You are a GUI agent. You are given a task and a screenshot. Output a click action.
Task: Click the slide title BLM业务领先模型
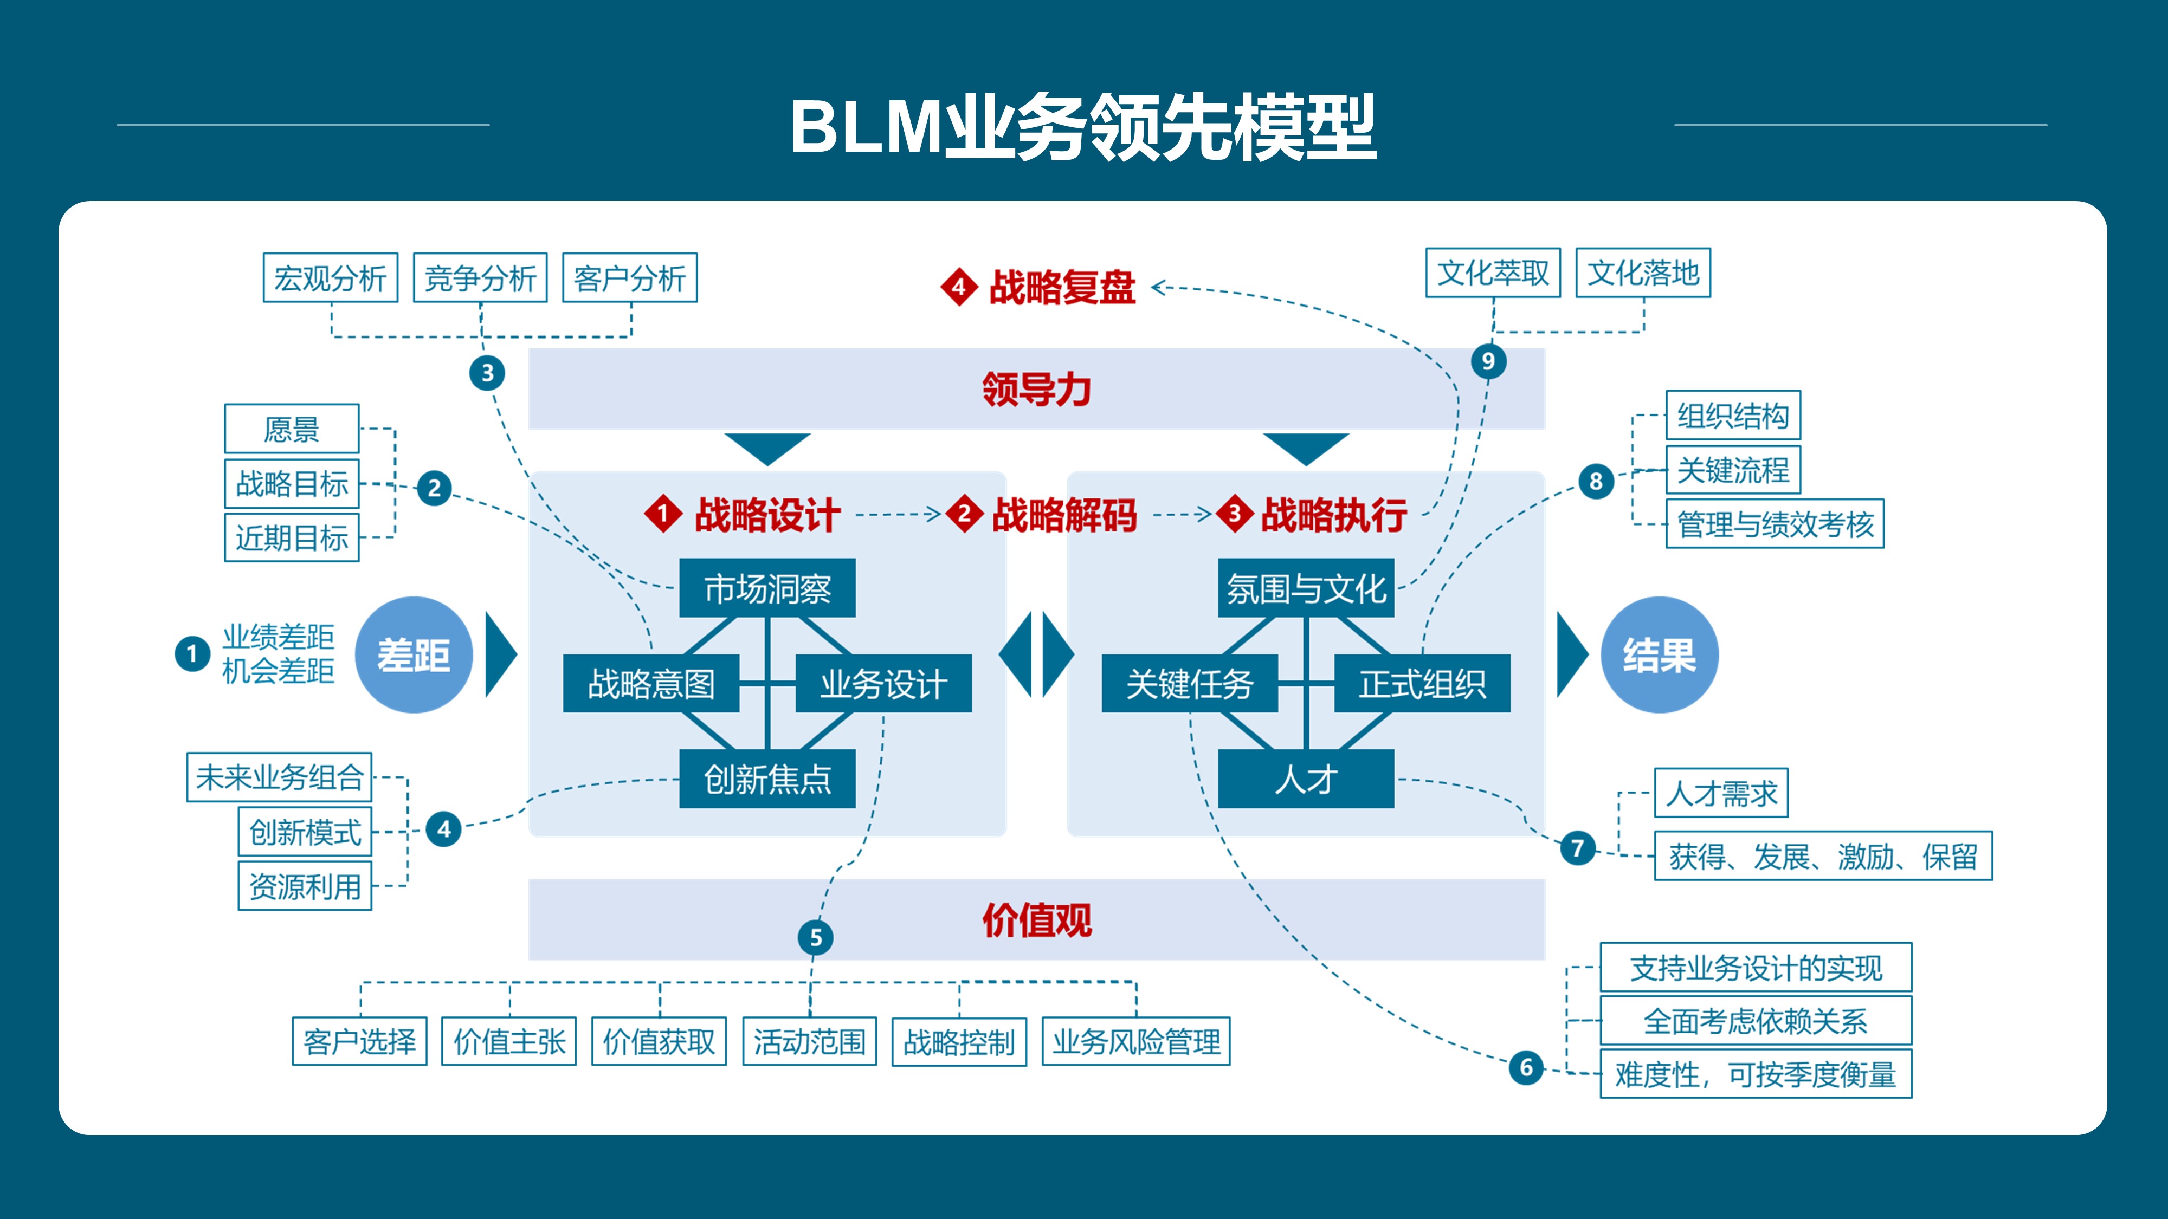(1082, 128)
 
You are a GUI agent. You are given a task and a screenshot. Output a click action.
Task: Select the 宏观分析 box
(330, 277)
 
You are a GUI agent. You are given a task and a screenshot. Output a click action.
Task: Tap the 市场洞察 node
(767, 588)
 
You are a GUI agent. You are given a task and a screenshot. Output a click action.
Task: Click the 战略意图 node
(650, 683)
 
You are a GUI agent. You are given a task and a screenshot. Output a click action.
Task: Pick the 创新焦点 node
(767, 779)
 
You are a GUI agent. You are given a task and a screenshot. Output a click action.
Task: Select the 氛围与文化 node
(1305, 588)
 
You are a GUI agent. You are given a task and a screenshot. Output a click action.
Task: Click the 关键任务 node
(1189, 683)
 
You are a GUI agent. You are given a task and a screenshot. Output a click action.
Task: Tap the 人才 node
(1305, 779)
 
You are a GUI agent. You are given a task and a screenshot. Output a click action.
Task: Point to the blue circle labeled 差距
(413, 654)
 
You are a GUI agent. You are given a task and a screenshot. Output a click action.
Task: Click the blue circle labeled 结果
(1659, 654)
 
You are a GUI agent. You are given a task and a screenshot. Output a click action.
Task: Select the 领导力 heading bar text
(1037, 390)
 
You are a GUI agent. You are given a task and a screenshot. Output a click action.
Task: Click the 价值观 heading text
(1037, 919)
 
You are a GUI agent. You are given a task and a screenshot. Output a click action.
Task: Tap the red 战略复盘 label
(1062, 287)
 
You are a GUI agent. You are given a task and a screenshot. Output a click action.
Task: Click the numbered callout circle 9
(1488, 361)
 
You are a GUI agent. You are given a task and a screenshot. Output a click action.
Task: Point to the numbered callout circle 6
(1526, 1067)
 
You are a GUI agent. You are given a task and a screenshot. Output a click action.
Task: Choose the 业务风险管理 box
(1135, 1041)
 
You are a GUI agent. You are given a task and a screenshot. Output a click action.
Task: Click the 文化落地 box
(1643, 273)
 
